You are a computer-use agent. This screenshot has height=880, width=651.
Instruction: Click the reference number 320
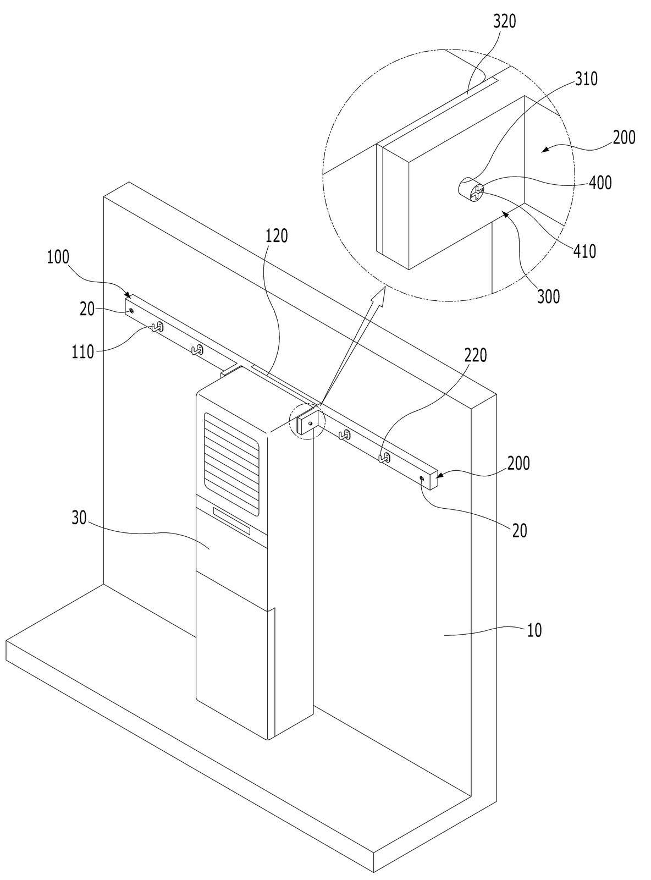pos(504,22)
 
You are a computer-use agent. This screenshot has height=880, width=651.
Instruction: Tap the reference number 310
pos(586,79)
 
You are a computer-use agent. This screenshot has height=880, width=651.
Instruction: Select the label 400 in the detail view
pos(600,183)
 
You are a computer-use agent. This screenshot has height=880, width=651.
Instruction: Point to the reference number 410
pos(585,251)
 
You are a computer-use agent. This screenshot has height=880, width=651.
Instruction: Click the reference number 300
pos(549,296)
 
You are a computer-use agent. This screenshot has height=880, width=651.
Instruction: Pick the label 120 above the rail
pos(276,236)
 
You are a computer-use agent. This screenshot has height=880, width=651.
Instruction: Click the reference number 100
pos(58,257)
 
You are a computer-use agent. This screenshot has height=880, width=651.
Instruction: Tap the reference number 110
pos(82,351)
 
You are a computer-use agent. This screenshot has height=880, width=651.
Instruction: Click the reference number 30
pos(79,518)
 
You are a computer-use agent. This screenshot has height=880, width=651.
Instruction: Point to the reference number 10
pos(535,630)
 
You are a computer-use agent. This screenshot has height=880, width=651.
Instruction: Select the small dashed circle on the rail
pos(307,422)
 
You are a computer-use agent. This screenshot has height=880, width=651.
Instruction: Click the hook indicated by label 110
pos(157,327)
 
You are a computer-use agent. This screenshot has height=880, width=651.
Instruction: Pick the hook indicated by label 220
pos(385,458)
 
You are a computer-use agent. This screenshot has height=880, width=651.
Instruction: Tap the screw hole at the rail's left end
pos(131,310)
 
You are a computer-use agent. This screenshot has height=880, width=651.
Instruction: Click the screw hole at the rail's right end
pos(422,479)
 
